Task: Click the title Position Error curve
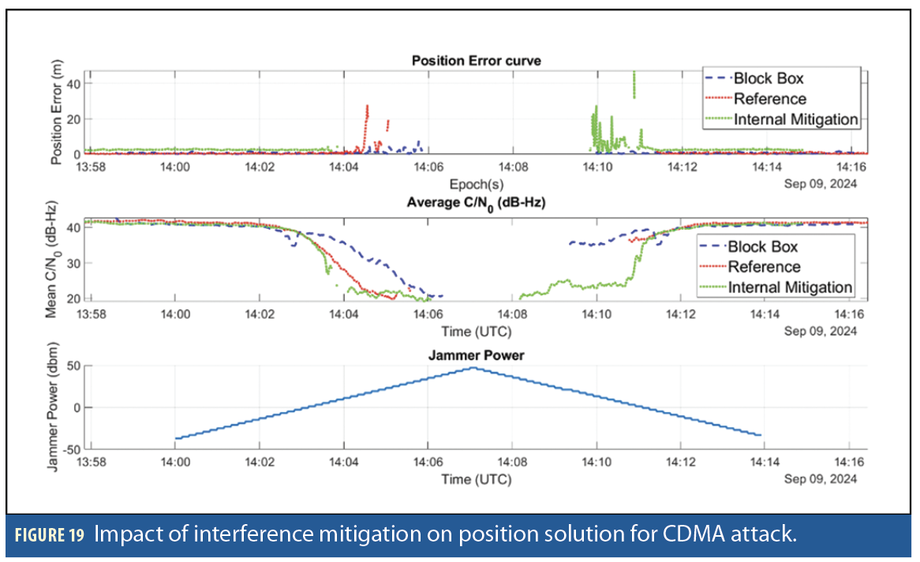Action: coord(476,61)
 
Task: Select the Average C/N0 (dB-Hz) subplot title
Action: coord(476,203)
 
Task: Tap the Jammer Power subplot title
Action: coord(476,355)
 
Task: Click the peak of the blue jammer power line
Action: coord(473,368)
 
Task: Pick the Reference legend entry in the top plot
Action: coord(769,99)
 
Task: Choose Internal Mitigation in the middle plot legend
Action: coord(790,287)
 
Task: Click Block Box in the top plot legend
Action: coord(769,78)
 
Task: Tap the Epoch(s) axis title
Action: coord(477,184)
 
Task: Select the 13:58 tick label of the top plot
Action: coord(91,167)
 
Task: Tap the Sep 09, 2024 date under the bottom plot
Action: coord(820,479)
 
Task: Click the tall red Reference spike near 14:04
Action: coord(367,109)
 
